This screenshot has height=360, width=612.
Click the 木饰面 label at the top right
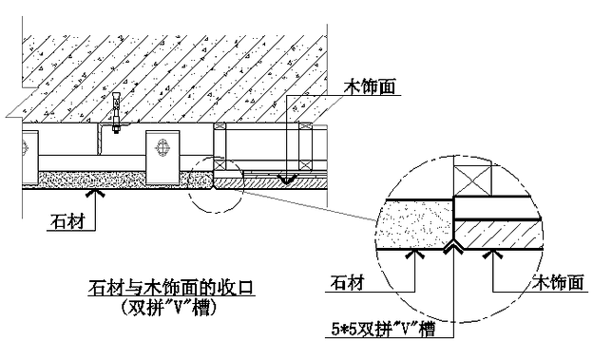coord(368,85)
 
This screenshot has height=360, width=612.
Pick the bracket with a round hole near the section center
coord(162,147)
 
